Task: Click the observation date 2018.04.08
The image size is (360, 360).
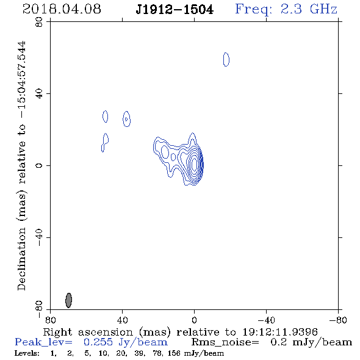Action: (x=62, y=9)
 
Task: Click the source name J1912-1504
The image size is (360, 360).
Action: (x=175, y=10)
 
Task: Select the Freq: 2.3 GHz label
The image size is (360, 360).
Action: (x=286, y=10)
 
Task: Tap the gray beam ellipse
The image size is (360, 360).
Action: (x=69, y=300)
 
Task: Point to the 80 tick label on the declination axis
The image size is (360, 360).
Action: (x=39, y=22)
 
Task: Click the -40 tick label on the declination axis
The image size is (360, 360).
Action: (x=39, y=237)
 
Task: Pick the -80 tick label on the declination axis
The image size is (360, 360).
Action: (x=39, y=309)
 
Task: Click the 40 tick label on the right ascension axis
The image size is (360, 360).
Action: (x=122, y=320)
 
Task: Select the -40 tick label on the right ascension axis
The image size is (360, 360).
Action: (x=266, y=320)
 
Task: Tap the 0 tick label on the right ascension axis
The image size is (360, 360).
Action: (x=194, y=320)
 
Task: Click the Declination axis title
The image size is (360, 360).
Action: (x=21, y=166)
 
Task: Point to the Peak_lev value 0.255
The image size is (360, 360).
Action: (x=98, y=342)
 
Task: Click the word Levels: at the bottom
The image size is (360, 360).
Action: (x=27, y=353)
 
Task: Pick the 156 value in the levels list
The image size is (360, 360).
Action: (x=174, y=353)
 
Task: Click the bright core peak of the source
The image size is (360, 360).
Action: (x=195, y=164)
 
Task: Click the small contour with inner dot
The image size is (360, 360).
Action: (x=126, y=119)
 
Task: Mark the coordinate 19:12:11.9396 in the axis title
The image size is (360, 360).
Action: (x=280, y=332)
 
